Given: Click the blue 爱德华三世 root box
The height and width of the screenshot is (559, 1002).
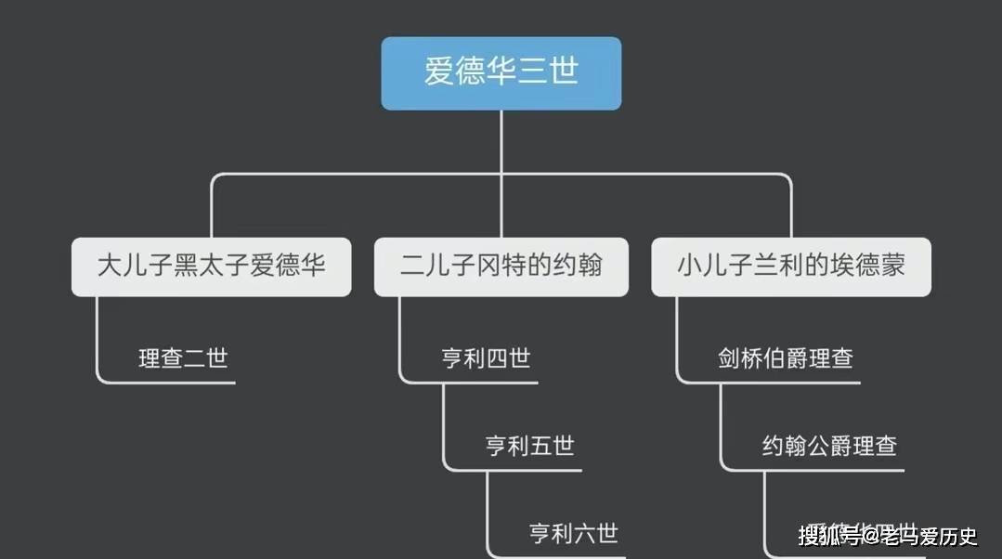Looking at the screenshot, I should click(501, 73).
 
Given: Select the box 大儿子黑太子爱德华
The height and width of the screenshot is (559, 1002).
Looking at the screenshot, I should click(212, 266).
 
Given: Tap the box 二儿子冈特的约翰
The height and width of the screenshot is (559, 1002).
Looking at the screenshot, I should click(501, 266).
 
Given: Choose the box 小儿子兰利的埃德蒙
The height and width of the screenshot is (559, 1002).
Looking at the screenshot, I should click(791, 266).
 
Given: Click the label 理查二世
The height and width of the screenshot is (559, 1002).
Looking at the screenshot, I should click(183, 357).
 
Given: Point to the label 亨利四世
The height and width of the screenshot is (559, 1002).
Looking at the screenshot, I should click(486, 357).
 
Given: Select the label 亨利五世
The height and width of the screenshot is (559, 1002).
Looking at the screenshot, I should click(529, 446).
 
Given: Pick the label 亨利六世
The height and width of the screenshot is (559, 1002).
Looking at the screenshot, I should click(573, 533).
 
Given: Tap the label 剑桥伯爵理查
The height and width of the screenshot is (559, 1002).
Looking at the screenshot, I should click(785, 357).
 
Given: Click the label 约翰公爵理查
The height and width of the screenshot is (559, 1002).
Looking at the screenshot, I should click(829, 446).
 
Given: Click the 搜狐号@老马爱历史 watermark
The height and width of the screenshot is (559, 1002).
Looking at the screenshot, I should click(887, 536).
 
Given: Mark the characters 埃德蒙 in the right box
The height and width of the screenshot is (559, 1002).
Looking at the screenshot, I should click(870, 266).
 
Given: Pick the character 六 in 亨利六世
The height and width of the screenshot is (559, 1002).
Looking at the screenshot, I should click(584, 533).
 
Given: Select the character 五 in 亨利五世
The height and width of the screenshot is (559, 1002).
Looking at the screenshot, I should click(540, 446).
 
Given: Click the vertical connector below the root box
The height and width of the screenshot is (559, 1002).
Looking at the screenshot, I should click(501, 139).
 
